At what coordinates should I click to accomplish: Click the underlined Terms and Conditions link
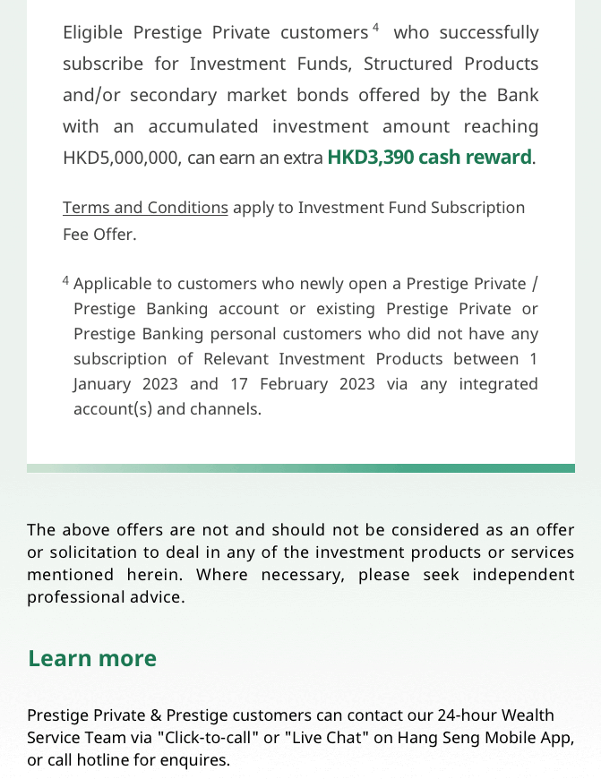point(145,208)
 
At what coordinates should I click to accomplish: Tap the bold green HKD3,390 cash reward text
point(429,158)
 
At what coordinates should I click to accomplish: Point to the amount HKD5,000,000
point(121,158)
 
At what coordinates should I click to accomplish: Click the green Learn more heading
point(92,658)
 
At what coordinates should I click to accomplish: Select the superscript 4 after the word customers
point(375,28)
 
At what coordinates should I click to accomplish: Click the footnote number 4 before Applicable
point(66,281)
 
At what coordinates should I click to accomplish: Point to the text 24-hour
point(467,715)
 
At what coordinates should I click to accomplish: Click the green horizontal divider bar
point(301,468)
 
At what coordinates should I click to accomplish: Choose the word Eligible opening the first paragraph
point(92,33)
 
